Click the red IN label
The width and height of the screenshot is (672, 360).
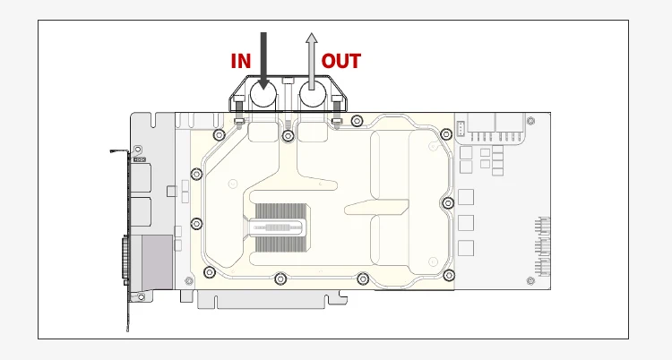click(x=241, y=61)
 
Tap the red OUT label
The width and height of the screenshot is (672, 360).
click(x=340, y=61)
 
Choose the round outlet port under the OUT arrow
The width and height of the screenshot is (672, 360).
click(x=312, y=95)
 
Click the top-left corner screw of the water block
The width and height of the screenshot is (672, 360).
click(x=218, y=135)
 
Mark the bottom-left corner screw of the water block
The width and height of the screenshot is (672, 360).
click(x=210, y=272)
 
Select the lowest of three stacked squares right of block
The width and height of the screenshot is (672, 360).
click(x=464, y=246)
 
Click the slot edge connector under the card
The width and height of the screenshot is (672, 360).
click(x=278, y=301)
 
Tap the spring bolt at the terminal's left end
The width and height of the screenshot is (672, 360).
click(x=239, y=119)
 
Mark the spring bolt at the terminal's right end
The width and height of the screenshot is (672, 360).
click(x=336, y=119)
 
